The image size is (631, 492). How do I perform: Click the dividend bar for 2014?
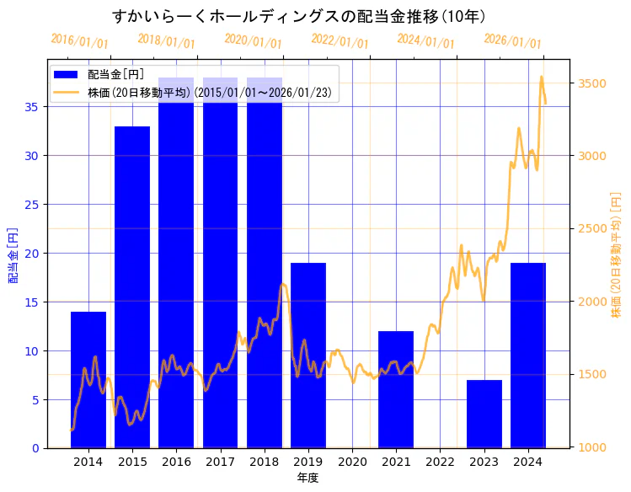(88, 379)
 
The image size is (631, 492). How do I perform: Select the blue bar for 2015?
(132, 286)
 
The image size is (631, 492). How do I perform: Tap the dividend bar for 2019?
(308, 355)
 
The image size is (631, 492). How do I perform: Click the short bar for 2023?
(484, 414)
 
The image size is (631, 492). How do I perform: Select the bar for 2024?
(528, 355)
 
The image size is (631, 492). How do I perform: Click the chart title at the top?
(299, 16)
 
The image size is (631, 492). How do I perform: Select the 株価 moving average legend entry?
(202, 92)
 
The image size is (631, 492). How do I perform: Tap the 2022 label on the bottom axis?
(440, 462)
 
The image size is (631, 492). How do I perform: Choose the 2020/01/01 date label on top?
(253, 40)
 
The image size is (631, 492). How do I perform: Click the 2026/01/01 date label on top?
(512, 41)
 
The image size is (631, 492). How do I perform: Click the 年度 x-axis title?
(307, 478)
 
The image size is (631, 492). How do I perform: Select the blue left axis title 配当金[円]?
(13, 254)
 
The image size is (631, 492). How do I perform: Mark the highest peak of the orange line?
(541, 78)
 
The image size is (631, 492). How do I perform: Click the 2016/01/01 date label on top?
(79, 40)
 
